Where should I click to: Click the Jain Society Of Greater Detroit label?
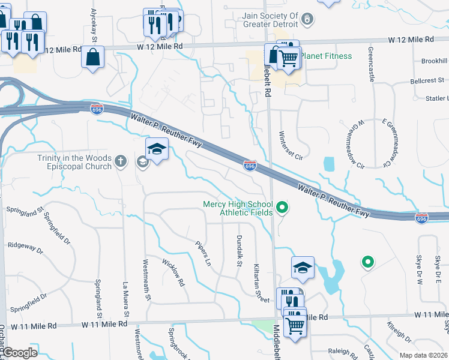[x=270, y=20]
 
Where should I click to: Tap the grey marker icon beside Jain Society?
[x=307, y=19]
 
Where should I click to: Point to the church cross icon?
[x=121, y=161]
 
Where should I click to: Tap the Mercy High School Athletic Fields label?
[x=238, y=208]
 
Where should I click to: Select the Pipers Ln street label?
[x=203, y=254]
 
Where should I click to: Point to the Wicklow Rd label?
[x=173, y=272]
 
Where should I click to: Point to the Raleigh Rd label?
[x=343, y=352]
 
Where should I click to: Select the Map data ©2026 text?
[x=423, y=355]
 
